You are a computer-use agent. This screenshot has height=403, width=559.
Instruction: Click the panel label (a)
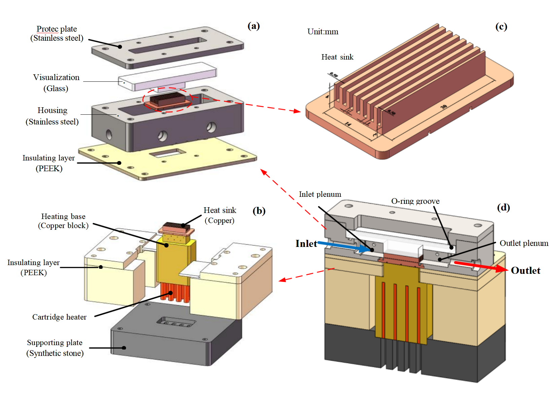click(254, 26)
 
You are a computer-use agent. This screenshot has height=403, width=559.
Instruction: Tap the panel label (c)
click(501, 27)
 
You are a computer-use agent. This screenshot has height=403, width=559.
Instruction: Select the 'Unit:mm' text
click(323, 32)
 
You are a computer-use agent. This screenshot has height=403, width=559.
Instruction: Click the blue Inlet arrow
click(343, 247)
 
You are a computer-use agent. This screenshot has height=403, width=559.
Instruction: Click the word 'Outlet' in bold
click(525, 270)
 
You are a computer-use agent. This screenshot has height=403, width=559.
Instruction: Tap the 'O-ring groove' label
click(415, 201)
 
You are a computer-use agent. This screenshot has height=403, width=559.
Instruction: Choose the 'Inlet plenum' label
click(320, 194)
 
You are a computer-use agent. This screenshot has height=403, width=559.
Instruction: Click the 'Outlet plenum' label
click(524, 243)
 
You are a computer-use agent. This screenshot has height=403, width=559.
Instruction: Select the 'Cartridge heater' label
click(59, 317)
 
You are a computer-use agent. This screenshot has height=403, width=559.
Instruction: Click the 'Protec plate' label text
click(57, 29)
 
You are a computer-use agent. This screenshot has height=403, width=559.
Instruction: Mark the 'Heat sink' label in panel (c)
click(337, 57)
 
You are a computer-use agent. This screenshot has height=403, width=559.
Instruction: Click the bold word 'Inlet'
click(306, 244)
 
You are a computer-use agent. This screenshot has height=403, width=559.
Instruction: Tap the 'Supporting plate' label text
click(55, 342)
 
